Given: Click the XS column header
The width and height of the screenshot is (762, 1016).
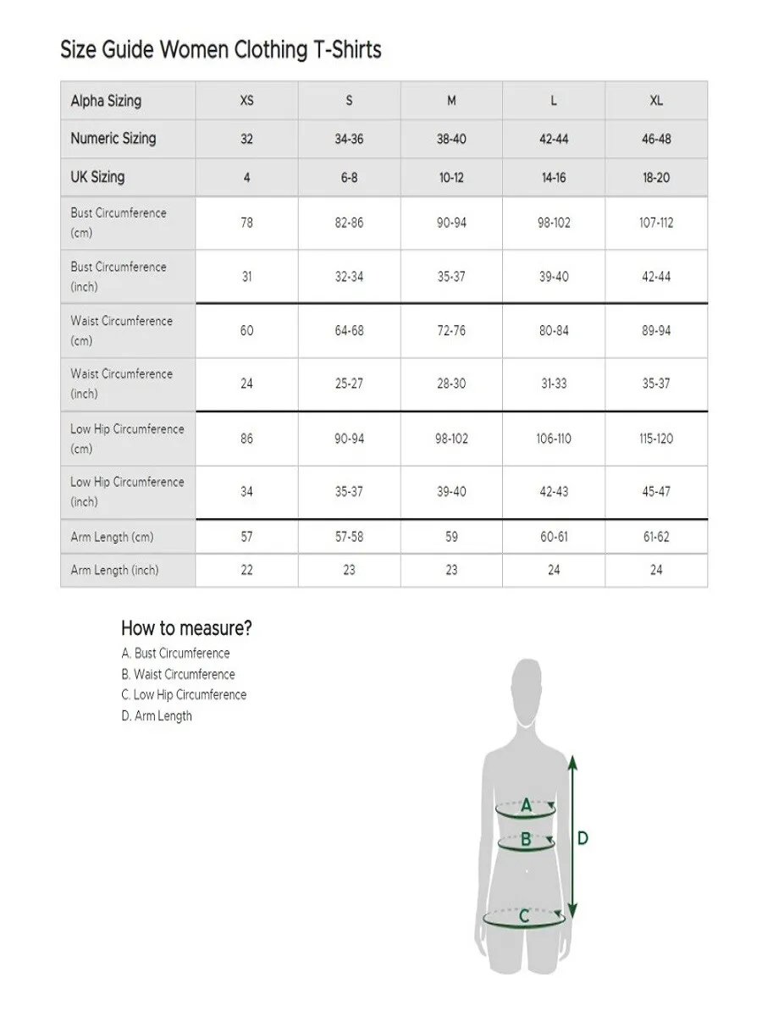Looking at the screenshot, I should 246,101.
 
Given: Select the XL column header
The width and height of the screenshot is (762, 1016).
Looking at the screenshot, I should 656,101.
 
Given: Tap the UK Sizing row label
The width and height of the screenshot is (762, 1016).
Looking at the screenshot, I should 97,177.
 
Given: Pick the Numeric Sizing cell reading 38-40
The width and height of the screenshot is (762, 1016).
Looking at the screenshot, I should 451,139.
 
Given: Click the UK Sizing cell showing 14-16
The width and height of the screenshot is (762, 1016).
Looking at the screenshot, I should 554,178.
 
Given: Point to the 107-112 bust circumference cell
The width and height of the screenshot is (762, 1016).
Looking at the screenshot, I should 656,223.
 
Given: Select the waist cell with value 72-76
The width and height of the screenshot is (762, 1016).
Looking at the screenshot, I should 451,330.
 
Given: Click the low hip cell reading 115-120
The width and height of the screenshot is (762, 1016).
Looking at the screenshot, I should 656,439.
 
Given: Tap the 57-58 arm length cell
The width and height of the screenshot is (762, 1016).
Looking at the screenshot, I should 349,537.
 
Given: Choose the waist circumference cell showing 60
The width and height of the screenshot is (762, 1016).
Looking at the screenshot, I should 246,330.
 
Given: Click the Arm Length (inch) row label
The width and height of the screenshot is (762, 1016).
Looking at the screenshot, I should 114,570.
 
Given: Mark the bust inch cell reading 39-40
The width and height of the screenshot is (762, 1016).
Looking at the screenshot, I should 554,277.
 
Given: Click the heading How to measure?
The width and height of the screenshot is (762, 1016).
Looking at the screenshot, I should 186,628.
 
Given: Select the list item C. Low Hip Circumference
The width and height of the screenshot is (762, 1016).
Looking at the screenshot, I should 184,695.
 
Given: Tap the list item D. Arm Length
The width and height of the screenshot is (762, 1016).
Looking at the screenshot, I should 157,716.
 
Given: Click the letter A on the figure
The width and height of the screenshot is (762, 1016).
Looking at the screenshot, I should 526,806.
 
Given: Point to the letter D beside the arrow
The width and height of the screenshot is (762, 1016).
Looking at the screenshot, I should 583,838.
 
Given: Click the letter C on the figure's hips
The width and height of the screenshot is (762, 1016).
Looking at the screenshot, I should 524,916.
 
